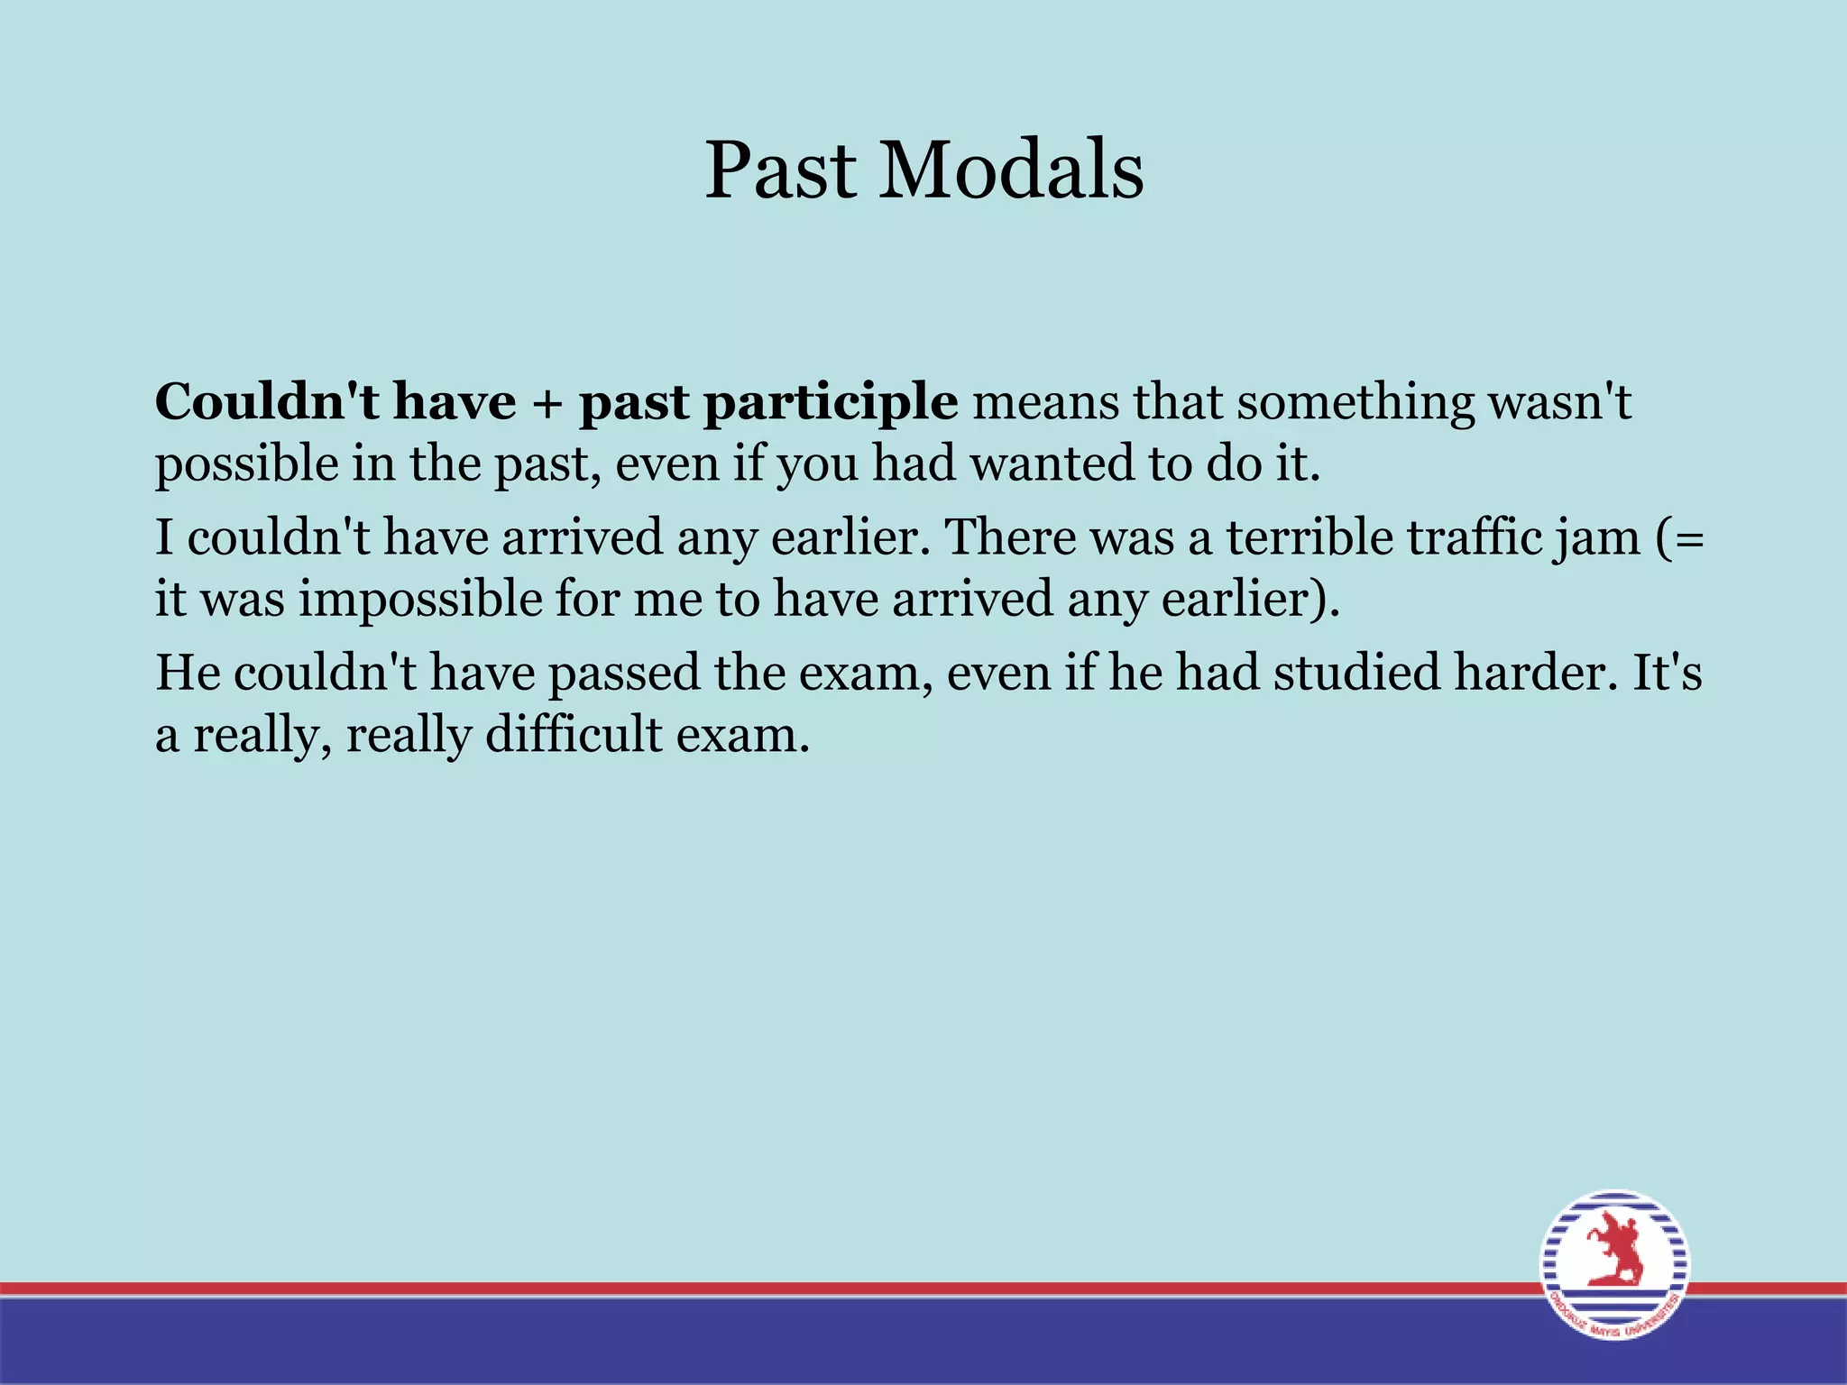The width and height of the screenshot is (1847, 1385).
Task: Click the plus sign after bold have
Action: [547, 403]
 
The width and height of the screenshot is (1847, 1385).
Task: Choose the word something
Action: [1354, 403]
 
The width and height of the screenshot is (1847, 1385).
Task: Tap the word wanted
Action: [1050, 463]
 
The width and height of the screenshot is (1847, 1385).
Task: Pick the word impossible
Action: [419, 601]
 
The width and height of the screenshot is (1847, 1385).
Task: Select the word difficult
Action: [574, 736]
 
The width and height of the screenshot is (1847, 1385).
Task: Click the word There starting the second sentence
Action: [1009, 537]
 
